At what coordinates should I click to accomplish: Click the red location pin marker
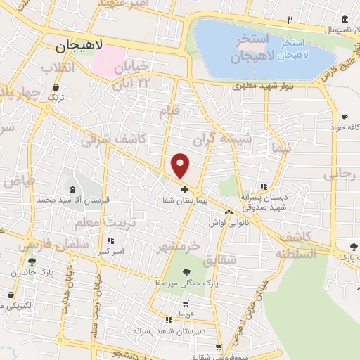pyautogui.click(x=181, y=166)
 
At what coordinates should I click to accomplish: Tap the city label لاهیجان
pyautogui.click(x=79, y=46)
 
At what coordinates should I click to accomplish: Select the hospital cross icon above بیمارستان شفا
pyautogui.click(x=184, y=189)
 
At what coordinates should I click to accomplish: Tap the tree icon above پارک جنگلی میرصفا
pyautogui.click(x=187, y=271)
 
